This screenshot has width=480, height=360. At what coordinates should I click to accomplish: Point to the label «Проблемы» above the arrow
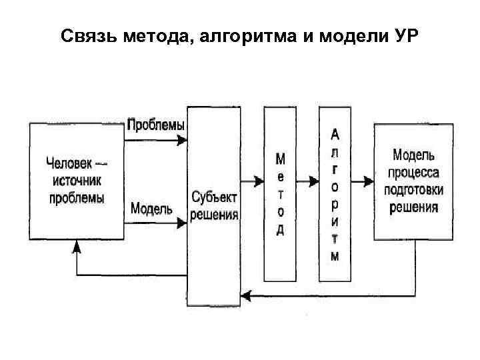coord(156,125)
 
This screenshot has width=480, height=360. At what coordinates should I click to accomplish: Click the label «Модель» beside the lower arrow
coord(151,209)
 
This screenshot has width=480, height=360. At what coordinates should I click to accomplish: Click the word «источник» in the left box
coord(75,180)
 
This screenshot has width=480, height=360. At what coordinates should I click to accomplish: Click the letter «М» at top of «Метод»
coord(281,160)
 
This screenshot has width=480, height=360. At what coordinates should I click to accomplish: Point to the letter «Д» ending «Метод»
coord(281,231)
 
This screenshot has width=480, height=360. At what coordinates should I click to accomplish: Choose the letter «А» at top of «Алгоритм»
coord(335,134)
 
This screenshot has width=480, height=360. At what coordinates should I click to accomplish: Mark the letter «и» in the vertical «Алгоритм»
coord(335,221)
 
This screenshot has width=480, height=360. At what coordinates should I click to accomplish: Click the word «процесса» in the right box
coord(415,173)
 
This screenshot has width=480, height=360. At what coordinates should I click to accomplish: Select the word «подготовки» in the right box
coord(414,189)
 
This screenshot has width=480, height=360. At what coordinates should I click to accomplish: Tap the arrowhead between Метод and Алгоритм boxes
coord(314,181)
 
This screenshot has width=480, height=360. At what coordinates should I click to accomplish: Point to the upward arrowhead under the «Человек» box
coord(77,246)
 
